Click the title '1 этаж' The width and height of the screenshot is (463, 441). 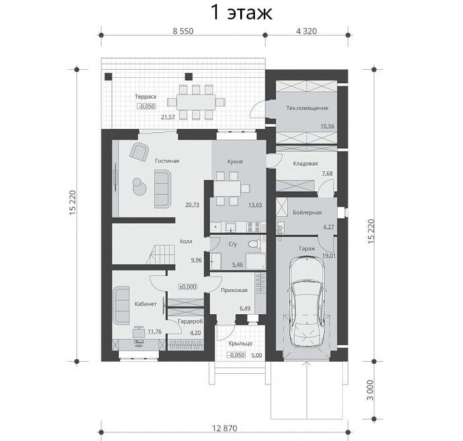(x=242, y=13)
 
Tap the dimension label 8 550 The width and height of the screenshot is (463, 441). (x=183, y=31)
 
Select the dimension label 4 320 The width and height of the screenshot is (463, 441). (x=307, y=31)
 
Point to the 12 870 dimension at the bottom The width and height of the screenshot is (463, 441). (x=225, y=428)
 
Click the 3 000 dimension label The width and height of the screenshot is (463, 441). (x=370, y=390)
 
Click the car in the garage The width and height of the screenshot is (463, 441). (x=307, y=301)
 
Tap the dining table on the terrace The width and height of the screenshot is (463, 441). (x=196, y=102)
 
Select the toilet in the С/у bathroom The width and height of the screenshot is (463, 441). (x=254, y=244)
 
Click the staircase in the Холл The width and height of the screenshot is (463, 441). (x=161, y=256)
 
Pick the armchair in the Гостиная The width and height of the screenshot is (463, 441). (x=139, y=152)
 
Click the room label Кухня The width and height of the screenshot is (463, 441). (x=235, y=162)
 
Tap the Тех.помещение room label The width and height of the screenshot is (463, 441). (x=307, y=108)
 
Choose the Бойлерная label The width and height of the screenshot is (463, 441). (x=307, y=212)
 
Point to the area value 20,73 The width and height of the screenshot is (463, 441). (x=192, y=205)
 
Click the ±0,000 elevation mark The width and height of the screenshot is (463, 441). (x=188, y=287)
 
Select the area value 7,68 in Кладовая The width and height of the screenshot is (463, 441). (x=327, y=173)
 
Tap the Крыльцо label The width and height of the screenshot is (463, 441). (x=240, y=344)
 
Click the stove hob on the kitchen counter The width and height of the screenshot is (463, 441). (x=254, y=227)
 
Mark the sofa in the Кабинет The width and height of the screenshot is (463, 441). (x=122, y=305)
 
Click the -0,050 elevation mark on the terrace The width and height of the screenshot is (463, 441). (x=146, y=106)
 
